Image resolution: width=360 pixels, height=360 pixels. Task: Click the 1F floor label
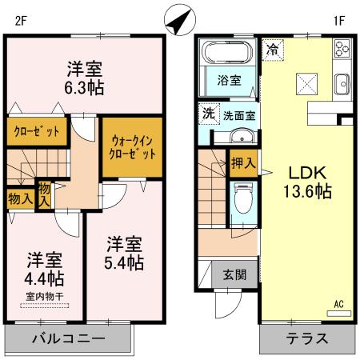tap(338, 22)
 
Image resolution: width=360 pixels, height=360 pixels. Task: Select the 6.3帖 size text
tap(83, 86)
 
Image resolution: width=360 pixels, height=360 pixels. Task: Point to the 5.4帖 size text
tap(123, 262)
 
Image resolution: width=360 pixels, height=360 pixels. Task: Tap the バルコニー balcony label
tap(68, 338)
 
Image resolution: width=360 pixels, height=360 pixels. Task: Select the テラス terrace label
tap(306, 338)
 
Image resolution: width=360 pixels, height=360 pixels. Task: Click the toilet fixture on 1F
tap(242, 199)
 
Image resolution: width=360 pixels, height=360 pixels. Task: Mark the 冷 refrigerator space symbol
tap(273, 49)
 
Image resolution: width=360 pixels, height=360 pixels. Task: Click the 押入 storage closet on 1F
tap(242, 163)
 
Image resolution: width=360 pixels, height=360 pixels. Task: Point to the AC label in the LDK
tap(338, 304)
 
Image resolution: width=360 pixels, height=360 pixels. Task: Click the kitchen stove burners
tap(342, 50)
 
